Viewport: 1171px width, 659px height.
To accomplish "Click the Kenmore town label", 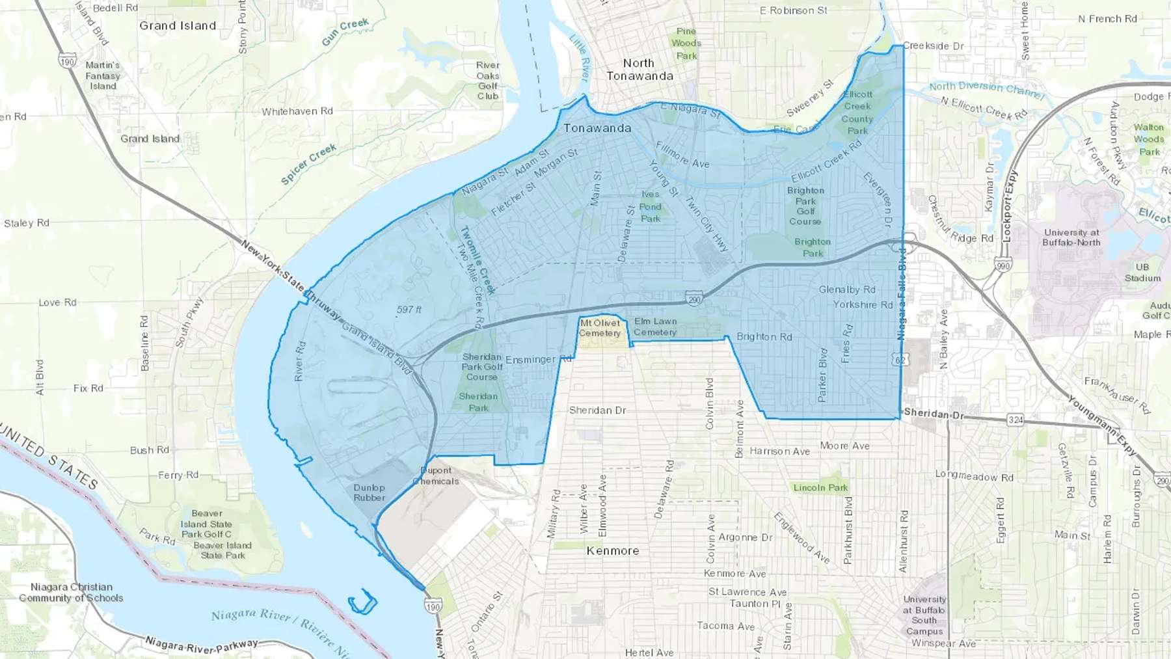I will [612, 550].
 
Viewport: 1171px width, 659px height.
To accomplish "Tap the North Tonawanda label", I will [639, 70].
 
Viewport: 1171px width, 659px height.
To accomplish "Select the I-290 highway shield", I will [694, 299].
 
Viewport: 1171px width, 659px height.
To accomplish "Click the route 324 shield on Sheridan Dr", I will [1016, 420].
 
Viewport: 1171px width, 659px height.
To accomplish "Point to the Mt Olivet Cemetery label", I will [600, 328].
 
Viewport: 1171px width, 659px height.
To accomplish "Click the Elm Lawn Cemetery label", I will [655, 327].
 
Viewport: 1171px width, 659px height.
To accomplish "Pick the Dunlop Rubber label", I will [370, 492].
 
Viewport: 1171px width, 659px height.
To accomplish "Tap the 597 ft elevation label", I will [409, 310].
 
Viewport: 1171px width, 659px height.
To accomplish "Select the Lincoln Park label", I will [820, 487].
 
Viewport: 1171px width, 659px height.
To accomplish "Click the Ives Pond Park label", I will [651, 206].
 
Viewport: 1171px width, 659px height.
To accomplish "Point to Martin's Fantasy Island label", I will [103, 75].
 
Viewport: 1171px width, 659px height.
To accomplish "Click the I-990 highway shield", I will [1003, 265].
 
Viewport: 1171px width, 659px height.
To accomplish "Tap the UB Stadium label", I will [1142, 273].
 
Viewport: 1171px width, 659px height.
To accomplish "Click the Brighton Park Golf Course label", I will [805, 206].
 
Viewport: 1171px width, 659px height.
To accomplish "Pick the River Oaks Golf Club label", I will [488, 81].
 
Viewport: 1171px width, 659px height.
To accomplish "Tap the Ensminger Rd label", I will [538, 359].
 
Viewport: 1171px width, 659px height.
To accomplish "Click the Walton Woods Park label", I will [1149, 139].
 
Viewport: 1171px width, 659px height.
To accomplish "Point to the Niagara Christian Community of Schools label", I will [71, 592].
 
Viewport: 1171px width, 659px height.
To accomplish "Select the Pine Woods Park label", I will [686, 43].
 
